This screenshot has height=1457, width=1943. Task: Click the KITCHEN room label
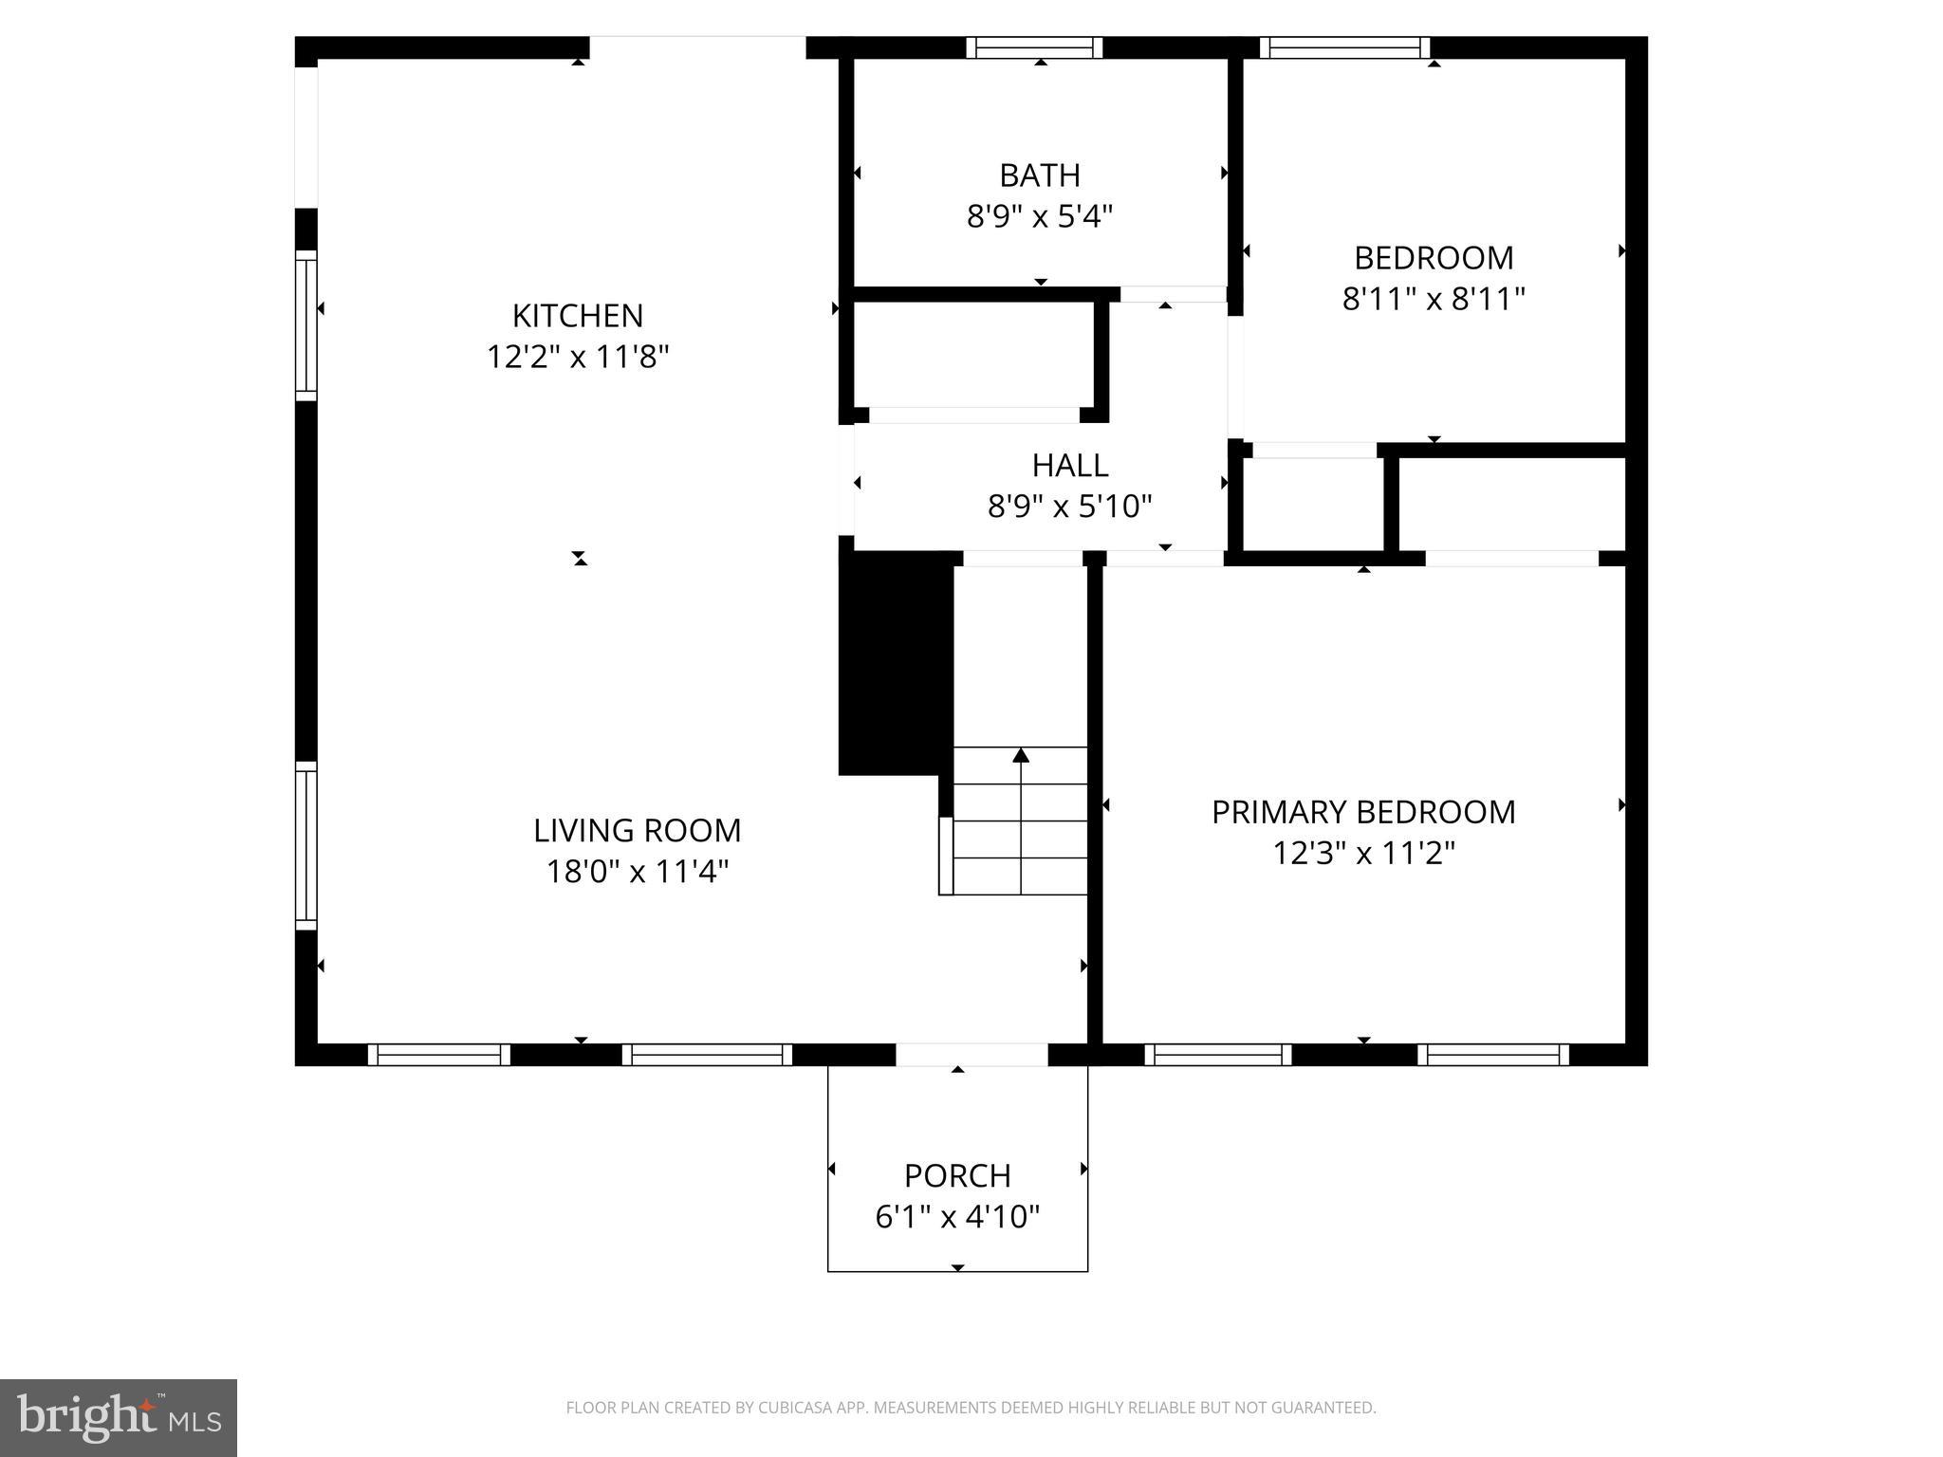578,315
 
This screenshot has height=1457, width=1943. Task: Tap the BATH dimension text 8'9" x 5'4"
1039,216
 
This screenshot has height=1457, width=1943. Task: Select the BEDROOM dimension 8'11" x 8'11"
1433,299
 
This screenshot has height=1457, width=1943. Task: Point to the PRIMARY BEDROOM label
1362,812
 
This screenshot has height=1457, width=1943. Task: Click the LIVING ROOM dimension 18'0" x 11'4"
637,871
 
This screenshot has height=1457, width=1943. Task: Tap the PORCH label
957,1175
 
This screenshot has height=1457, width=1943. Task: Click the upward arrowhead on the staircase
1021,756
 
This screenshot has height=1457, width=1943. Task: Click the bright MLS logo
119,1418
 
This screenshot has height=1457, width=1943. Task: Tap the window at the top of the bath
1034,47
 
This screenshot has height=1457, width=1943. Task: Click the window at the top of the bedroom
1343,47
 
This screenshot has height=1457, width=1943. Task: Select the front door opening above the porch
971,1054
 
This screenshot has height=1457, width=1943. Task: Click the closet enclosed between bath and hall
973,355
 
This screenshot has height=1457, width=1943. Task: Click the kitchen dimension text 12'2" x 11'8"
578,357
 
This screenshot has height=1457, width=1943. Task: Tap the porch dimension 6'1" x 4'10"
957,1216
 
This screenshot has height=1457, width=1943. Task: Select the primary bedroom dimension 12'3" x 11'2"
1362,853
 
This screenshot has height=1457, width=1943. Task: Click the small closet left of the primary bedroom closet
1313,504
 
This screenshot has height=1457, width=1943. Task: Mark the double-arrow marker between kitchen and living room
581,559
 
